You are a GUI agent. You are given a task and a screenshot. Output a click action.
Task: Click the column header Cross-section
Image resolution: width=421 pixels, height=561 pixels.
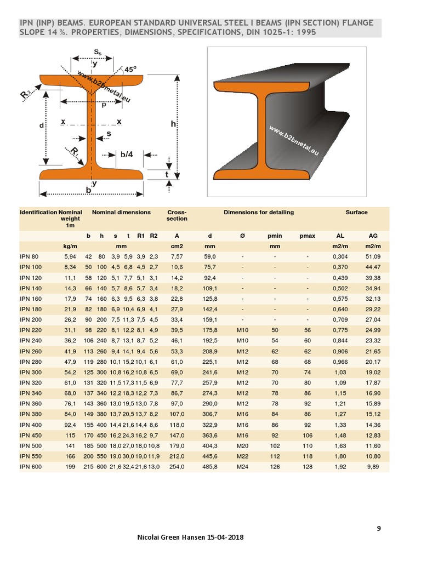tap(177, 215)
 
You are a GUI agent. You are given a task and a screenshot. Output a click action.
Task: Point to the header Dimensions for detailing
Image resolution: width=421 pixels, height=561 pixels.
tap(258, 213)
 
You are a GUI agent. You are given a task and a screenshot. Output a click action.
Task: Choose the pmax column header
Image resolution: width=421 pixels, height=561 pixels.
tap(308, 236)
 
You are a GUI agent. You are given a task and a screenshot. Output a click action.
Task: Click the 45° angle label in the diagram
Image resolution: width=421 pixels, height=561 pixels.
tap(130, 70)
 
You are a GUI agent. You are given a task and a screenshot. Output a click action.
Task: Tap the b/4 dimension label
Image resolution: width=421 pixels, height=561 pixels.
tap(127, 154)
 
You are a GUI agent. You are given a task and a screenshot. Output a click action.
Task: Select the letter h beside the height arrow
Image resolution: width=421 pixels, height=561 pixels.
tap(173, 124)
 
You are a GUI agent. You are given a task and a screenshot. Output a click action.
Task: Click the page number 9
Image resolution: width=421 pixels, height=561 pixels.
tap(379, 528)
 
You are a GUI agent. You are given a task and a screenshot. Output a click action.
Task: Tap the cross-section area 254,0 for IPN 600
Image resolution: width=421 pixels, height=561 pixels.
tap(177, 466)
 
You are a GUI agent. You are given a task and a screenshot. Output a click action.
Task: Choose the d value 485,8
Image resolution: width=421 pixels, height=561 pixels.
tap(210, 466)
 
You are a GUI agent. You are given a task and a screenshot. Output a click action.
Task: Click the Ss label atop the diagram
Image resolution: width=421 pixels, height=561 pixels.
tap(96, 52)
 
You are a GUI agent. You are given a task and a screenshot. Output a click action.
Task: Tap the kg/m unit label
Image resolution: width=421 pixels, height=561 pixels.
tap(70, 246)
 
